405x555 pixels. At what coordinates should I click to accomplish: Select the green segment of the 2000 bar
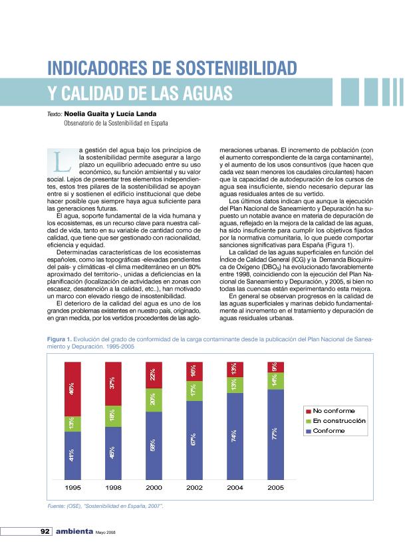pyautogui.click(x=154, y=400)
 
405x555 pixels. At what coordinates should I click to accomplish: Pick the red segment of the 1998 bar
pyautogui.click(x=114, y=384)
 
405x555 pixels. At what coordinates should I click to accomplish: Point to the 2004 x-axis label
pyautogui.click(x=235, y=487)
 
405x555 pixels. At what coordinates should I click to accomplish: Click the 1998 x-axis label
pyautogui.click(x=114, y=487)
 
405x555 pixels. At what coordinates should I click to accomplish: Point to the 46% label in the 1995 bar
pyautogui.click(x=72, y=388)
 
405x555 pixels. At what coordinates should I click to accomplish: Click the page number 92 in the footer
pyautogui.click(x=45, y=532)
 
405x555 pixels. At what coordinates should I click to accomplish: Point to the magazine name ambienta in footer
pyautogui.click(x=74, y=532)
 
